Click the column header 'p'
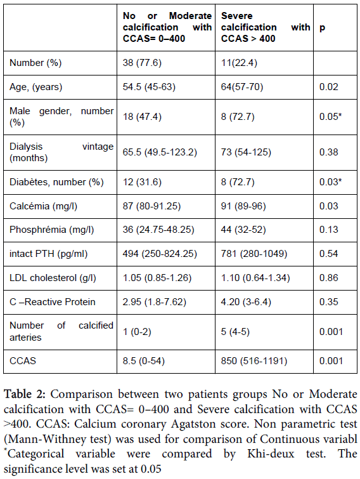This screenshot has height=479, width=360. [322, 28]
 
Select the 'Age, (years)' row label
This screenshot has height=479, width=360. [35, 87]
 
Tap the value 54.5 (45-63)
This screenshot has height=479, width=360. [149, 87]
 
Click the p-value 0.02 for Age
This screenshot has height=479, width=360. [328, 87]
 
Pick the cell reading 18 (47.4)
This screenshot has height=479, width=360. [142, 117]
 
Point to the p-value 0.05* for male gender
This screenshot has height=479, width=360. [330, 117]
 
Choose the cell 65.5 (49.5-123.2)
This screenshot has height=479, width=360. [160, 152]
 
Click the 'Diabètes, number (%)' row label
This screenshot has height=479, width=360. [56, 182]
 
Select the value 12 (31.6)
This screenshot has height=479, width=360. [142, 182]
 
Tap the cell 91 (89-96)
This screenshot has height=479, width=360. [243, 206]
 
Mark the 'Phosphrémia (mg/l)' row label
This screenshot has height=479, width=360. [51, 230]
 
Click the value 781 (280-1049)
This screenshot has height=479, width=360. [254, 254]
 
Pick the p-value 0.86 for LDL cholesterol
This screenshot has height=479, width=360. [328, 278]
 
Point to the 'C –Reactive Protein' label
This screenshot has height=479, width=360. [52, 302]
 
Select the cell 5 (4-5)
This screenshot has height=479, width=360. [235, 332]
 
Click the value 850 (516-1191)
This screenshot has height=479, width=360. [254, 361]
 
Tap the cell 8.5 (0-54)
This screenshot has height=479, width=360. [143, 361]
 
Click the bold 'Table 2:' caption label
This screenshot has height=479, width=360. [25, 394]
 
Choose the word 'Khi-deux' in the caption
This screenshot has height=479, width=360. [271, 454]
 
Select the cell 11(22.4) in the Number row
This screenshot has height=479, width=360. [239, 63]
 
